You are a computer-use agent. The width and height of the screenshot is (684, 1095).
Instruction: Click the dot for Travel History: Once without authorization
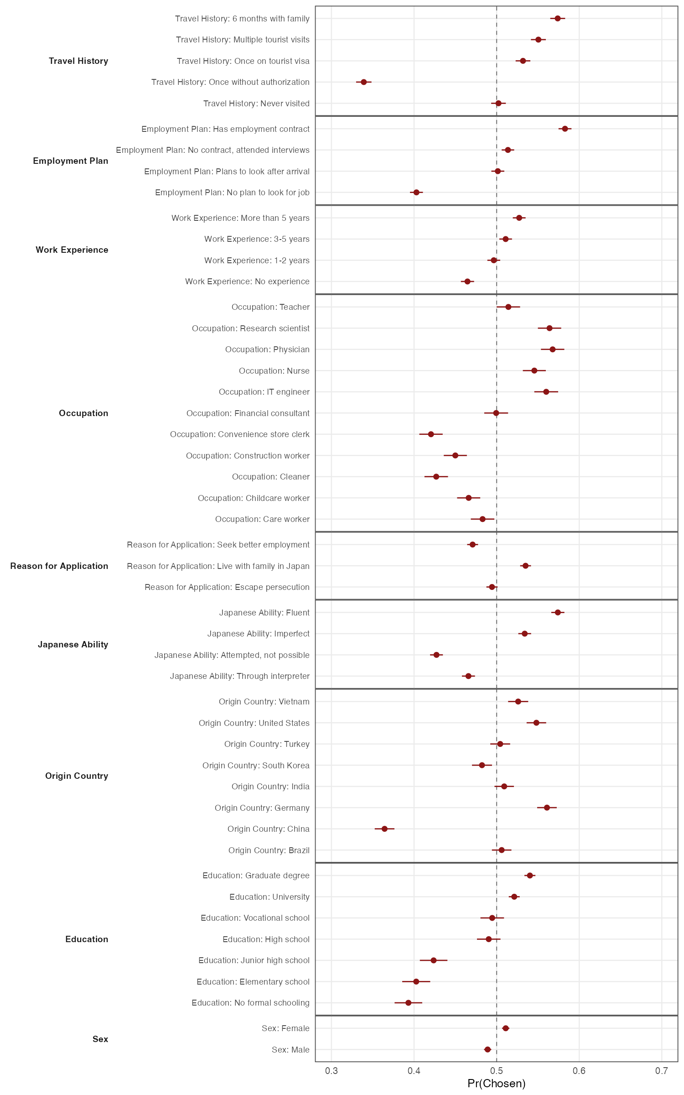[363, 82]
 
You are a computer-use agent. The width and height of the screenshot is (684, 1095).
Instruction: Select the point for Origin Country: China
[384, 829]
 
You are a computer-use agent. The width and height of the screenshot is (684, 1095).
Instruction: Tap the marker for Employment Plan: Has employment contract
[565, 129]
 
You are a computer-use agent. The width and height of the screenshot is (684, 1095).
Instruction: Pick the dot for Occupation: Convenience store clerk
[431, 434]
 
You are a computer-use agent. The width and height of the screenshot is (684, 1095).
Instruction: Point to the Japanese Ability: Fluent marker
[558, 612]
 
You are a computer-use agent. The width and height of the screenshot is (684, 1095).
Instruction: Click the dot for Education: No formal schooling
[408, 1002]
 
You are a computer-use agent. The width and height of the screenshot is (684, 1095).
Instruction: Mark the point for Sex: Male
[487, 1049]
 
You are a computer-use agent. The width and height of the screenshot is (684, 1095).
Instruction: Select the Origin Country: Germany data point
[547, 808]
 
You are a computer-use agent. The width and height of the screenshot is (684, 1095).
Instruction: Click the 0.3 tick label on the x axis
[332, 1071]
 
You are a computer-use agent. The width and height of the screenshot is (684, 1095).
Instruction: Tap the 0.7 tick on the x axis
[662, 1071]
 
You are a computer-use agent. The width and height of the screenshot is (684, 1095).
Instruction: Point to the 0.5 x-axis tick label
[497, 1071]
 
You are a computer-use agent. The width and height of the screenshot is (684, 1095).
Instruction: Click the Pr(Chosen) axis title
[497, 1084]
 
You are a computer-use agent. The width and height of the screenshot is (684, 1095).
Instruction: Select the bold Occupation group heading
[83, 413]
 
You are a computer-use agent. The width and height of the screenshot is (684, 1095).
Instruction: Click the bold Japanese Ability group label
[73, 644]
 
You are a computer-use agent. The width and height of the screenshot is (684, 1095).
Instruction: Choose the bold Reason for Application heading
[59, 566]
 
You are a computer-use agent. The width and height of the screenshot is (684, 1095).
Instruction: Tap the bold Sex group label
[100, 1039]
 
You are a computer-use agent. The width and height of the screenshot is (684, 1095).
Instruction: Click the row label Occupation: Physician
[267, 349]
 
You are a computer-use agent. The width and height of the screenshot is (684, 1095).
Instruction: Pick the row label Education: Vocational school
[255, 918]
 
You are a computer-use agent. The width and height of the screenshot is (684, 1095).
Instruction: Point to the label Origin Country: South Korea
[256, 765]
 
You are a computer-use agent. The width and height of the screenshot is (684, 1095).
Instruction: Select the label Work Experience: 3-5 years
[257, 239]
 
